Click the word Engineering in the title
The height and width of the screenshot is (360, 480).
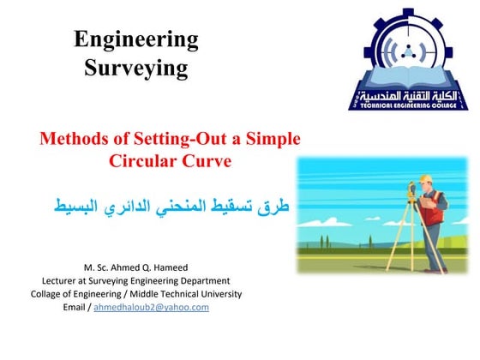point(136,39)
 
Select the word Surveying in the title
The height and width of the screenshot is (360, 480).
point(136,69)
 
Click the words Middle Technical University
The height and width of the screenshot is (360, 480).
point(192,293)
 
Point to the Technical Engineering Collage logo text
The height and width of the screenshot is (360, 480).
point(408,105)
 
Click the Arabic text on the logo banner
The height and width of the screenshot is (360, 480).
point(408,94)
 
